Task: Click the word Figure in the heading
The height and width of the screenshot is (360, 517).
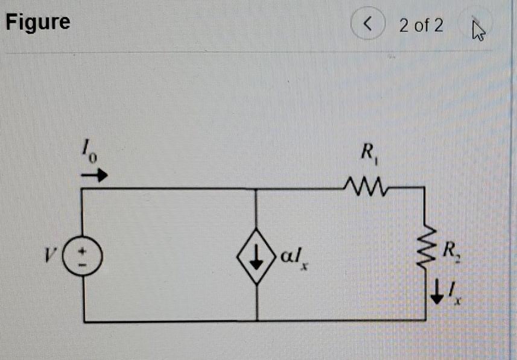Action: click(x=38, y=22)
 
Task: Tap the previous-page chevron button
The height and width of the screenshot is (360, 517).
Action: click(x=369, y=25)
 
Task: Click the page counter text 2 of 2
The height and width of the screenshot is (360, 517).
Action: click(x=421, y=25)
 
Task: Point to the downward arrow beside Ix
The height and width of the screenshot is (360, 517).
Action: click(x=439, y=294)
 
